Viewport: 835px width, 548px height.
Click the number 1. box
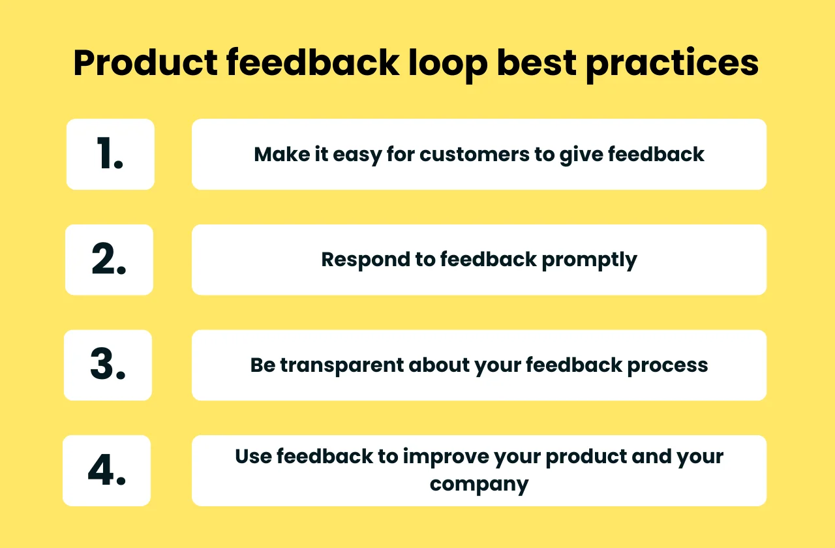[110, 155]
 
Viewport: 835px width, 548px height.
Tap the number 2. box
[109, 260]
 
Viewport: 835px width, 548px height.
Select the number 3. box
[108, 365]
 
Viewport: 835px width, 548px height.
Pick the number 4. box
[106, 470]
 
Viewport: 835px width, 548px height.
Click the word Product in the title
[145, 64]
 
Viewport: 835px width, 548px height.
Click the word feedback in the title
[313, 64]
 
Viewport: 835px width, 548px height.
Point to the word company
[479, 484]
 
